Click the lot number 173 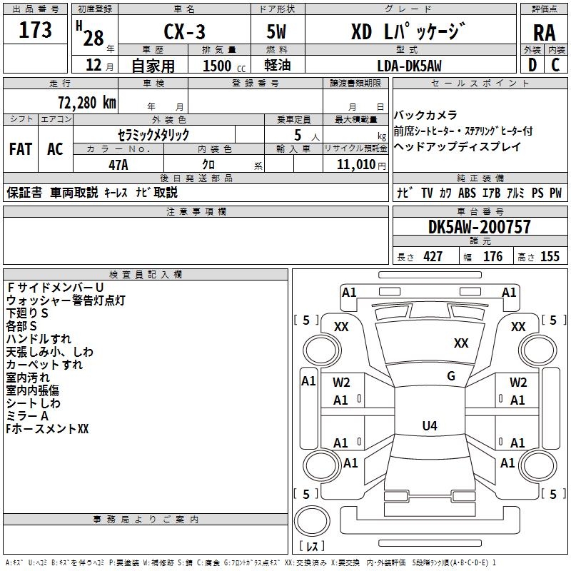pyautogui.click(x=35, y=29)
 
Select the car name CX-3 pyautogui.click(x=184, y=31)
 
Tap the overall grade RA pyautogui.click(x=545, y=33)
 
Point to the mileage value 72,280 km pyautogui.click(x=87, y=102)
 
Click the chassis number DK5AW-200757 pyautogui.click(x=480, y=227)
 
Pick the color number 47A pyautogui.click(x=118, y=165)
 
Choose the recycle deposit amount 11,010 pyautogui.click(x=355, y=165)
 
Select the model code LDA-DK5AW pyautogui.click(x=409, y=66)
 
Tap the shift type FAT pyautogui.click(x=21, y=149)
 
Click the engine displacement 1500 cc pyautogui.click(x=224, y=66)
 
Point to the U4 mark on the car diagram pyautogui.click(x=430, y=425)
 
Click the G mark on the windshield pyautogui.click(x=451, y=375)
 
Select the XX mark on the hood pyautogui.click(x=461, y=343)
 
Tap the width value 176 pyautogui.click(x=492, y=256)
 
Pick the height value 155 pyautogui.click(x=550, y=256)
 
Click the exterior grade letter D pyautogui.click(x=532, y=65)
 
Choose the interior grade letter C pyautogui.click(x=555, y=65)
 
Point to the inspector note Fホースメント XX pyautogui.click(x=47, y=429)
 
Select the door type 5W pyautogui.click(x=276, y=31)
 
